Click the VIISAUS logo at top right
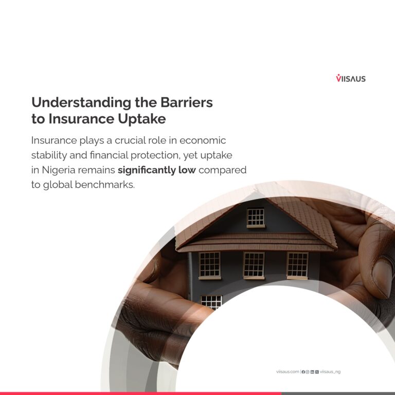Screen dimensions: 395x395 [x=351, y=78]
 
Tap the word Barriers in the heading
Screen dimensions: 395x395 [x=187, y=102]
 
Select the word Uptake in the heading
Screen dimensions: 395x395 [x=142, y=119]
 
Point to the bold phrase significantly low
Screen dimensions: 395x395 [x=157, y=170]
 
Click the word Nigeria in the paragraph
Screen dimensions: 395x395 [x=59, y=170]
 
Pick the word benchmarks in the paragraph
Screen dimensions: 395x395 [x=105, y=185]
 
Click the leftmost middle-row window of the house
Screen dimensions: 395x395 [x=210, y=265]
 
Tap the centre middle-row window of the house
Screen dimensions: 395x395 [x=254, y=265]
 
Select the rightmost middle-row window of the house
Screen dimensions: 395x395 [x=297, y=265]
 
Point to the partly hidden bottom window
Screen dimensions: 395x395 [x=211, y=302]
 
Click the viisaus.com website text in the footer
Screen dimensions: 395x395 [x=288, y=371]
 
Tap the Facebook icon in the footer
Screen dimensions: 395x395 [x=303, y=372]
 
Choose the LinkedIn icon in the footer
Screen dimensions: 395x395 [x=312, y=372]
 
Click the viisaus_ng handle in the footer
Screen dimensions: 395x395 [x=330, y=372]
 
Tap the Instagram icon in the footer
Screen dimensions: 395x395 [x=308, y=372]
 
